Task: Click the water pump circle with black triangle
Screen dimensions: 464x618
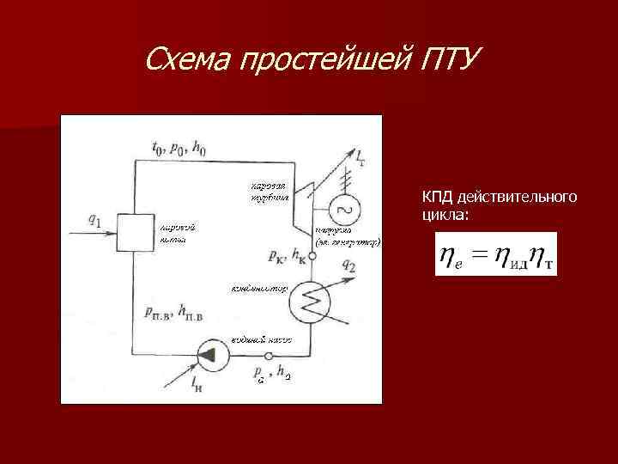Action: click(x=208, y=353)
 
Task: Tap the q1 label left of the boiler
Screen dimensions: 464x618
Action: click(x=95, y=221)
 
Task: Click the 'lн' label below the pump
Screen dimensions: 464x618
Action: click(x=198, y=382)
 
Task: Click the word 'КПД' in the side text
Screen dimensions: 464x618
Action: click(x=434, y=198)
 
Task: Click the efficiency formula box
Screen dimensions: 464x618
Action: click(x=496, y=254)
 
